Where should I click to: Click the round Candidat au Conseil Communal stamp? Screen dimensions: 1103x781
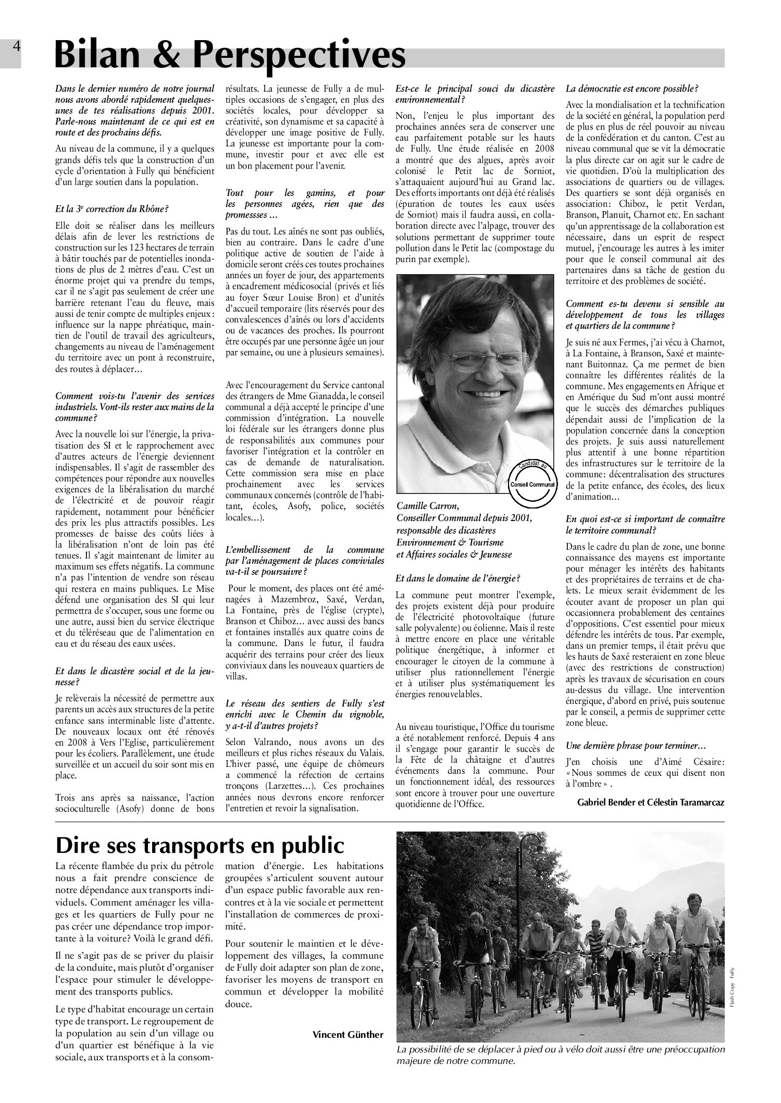[x=532, y=477]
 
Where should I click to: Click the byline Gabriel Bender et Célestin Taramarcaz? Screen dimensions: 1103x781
[x=651, y=802]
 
